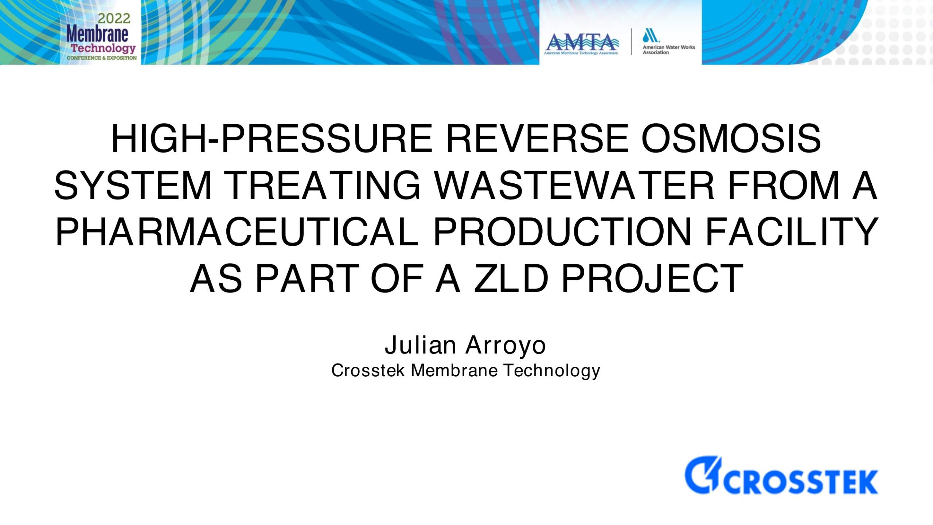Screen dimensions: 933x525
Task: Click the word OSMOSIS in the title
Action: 731,139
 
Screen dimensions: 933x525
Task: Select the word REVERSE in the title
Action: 537,139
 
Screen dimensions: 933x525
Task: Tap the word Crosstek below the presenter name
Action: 368,370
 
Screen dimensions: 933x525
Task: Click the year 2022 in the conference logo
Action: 114,18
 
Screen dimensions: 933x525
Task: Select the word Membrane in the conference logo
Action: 97,34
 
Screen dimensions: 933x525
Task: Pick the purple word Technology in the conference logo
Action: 103,48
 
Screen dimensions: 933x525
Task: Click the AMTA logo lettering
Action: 582,42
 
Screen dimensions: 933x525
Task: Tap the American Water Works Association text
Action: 669,50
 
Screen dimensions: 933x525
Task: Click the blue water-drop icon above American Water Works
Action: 651,35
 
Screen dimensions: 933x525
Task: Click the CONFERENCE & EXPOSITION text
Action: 102,58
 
